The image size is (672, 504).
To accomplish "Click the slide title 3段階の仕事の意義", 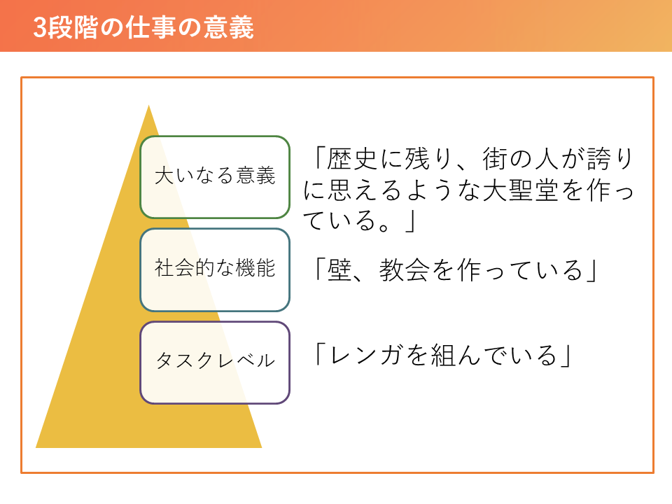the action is coord(143,27).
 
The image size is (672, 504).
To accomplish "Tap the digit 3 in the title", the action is coord(40,28).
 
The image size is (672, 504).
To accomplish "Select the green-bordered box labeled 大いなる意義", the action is coord(215,177).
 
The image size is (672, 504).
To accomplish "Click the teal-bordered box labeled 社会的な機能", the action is coord(215,269).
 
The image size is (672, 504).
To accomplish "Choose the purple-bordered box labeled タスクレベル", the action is coord(215,363).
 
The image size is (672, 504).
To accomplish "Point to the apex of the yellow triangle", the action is coord(148,106).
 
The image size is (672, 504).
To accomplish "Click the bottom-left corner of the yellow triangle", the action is coord(36,447).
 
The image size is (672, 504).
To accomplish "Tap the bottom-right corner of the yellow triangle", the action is coord(261,447).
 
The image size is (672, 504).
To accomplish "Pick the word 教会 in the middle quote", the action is coord(404,270).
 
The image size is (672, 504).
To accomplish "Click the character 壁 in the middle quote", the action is coord(339,270).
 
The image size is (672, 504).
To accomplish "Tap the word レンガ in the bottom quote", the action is coord(365,356).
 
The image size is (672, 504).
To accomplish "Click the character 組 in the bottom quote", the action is coord(442,356).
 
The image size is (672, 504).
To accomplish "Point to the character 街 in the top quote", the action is coord(496,159).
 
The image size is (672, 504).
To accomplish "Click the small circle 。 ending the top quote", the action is coord(384,226).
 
